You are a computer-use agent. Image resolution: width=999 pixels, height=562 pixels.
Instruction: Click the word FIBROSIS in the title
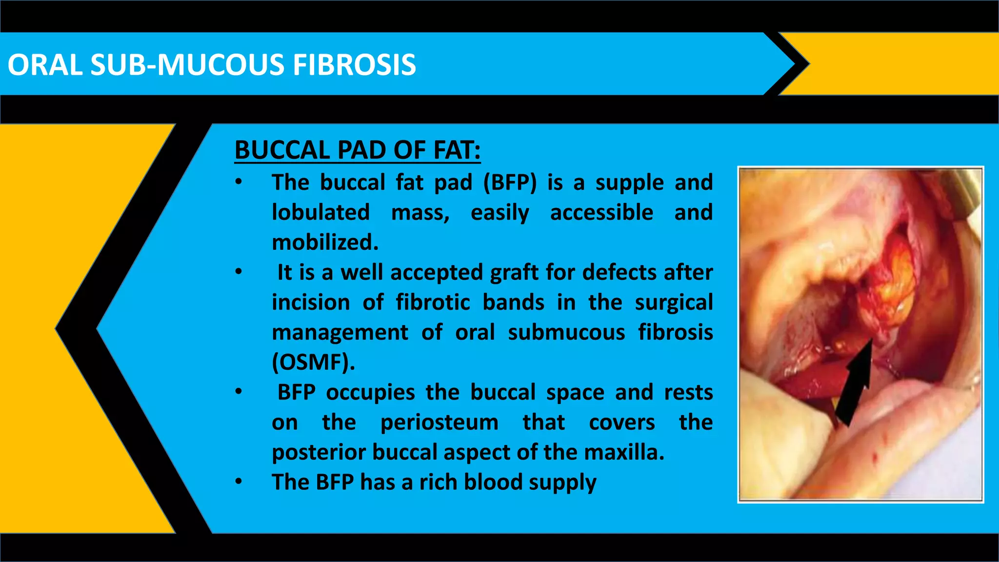[354, 65]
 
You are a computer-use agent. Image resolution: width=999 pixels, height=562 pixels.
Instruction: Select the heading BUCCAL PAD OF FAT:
[358, 150]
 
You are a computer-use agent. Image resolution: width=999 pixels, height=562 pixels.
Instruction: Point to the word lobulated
[320, 212]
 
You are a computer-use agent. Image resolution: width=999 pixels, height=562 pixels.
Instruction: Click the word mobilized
[325, 242]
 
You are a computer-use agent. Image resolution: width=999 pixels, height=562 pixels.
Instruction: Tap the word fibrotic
[433, 302]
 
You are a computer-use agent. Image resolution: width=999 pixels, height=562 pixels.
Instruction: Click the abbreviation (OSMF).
[313, 362]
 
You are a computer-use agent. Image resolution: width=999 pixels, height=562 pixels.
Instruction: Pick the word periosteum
[440, 422]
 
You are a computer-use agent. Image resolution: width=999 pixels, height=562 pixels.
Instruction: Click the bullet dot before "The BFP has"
[239, 482]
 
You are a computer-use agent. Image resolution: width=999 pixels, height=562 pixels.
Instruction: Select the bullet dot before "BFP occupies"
[239, 392]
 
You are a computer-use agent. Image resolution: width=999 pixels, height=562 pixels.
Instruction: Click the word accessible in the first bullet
[601, 213]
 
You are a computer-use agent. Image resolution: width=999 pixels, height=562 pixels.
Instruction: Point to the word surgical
[674, 302]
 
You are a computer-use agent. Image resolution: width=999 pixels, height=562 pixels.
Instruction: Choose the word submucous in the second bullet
[566, 333]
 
